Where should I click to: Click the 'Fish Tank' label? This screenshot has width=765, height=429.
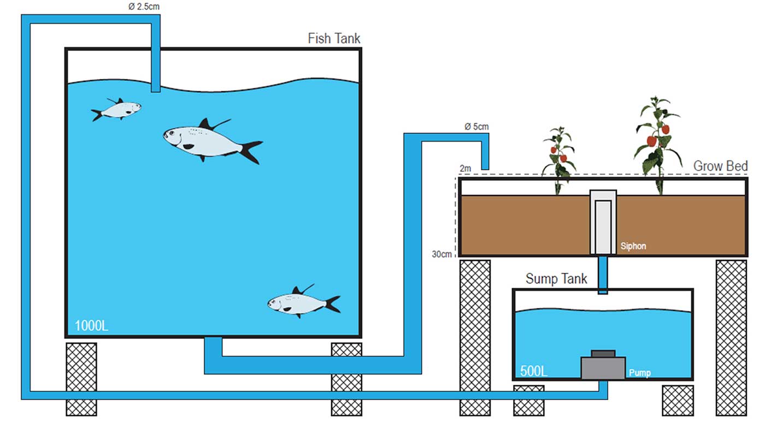pyautogui.click(x=334, y=39)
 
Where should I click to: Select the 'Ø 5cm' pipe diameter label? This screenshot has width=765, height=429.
pyautogui.click(x=476, y=127)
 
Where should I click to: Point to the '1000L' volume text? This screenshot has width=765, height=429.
pyautogui.click(x=91, y=326)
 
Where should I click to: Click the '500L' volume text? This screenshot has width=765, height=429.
pyautogui.click(x=533, y=372)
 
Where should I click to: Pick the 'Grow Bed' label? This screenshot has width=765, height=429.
pyautogui.click(x=720, y=166)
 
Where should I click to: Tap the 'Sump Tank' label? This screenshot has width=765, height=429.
pyautogui.click(x=556, y=279)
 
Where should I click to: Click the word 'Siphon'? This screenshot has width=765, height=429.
pyautogui.click(x=633, y=246)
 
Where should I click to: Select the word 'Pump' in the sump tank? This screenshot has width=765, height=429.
pyautogui.click(x=639, y=373)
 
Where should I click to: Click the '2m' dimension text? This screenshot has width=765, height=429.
pyautogui.click(x=465, y=169)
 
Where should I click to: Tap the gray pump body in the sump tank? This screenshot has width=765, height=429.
pyautogui.click(x=603, y=367)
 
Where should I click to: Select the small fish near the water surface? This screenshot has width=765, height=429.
pyautogui.click(x=116, y=109)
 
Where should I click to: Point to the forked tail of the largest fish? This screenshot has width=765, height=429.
pyautogui.click(x=251, y=151)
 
